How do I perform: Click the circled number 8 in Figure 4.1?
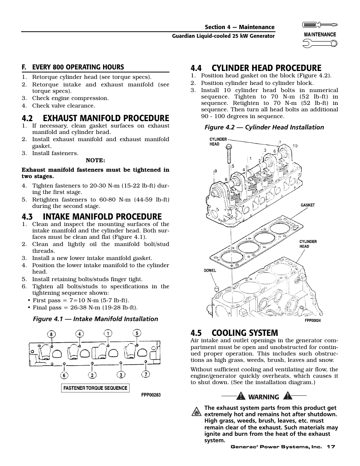[x=51, y=334]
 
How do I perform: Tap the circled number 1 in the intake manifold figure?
[x=108, y=333]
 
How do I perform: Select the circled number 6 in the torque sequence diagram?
[x=65, y=375]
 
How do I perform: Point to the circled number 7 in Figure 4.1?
[x=146, y=374]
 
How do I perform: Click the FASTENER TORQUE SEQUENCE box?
[x=95, y=388]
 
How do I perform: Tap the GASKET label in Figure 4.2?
[x=308, y=205]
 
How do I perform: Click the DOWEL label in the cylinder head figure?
[x=210, y=271]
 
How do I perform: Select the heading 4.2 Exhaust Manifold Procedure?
[x=95, y=118]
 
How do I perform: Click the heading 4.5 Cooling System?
[x=234, y=333]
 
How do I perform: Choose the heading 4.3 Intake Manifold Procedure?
[x=92, y=216]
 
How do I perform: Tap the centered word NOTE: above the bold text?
[x=95, y=160]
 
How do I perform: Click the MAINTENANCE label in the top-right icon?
[x=320, y=34]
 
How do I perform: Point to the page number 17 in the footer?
[x=331, y=447]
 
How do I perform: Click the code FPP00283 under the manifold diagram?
[x=151, y=395]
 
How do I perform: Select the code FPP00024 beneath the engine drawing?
[x=312, y=320]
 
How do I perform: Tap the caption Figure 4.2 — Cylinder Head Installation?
[x=264, y=127]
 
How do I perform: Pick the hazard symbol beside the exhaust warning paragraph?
[x=196, y=412]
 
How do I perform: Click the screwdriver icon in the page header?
[x=320, y=25]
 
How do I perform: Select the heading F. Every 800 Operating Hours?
[x=72, y=67]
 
